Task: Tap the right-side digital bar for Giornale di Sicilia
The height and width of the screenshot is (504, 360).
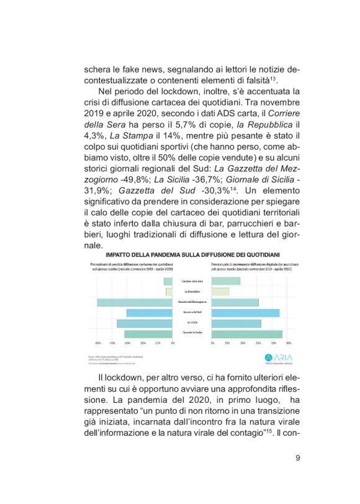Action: [x=247, y=334]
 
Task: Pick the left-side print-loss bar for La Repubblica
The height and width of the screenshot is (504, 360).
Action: [x=169, y=292]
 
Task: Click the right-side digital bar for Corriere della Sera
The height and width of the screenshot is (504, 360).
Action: [x=226, y=281]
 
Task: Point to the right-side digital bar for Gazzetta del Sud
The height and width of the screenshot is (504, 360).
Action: [x=246, y=313]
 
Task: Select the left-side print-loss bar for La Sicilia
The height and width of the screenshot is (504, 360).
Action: [x=144, y=323]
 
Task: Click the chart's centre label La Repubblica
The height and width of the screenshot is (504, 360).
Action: [x=192, y=292]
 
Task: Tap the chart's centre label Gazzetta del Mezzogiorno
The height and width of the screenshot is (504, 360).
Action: [x=192, y=302]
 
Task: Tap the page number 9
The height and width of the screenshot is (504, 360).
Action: [x=298, y=459]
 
